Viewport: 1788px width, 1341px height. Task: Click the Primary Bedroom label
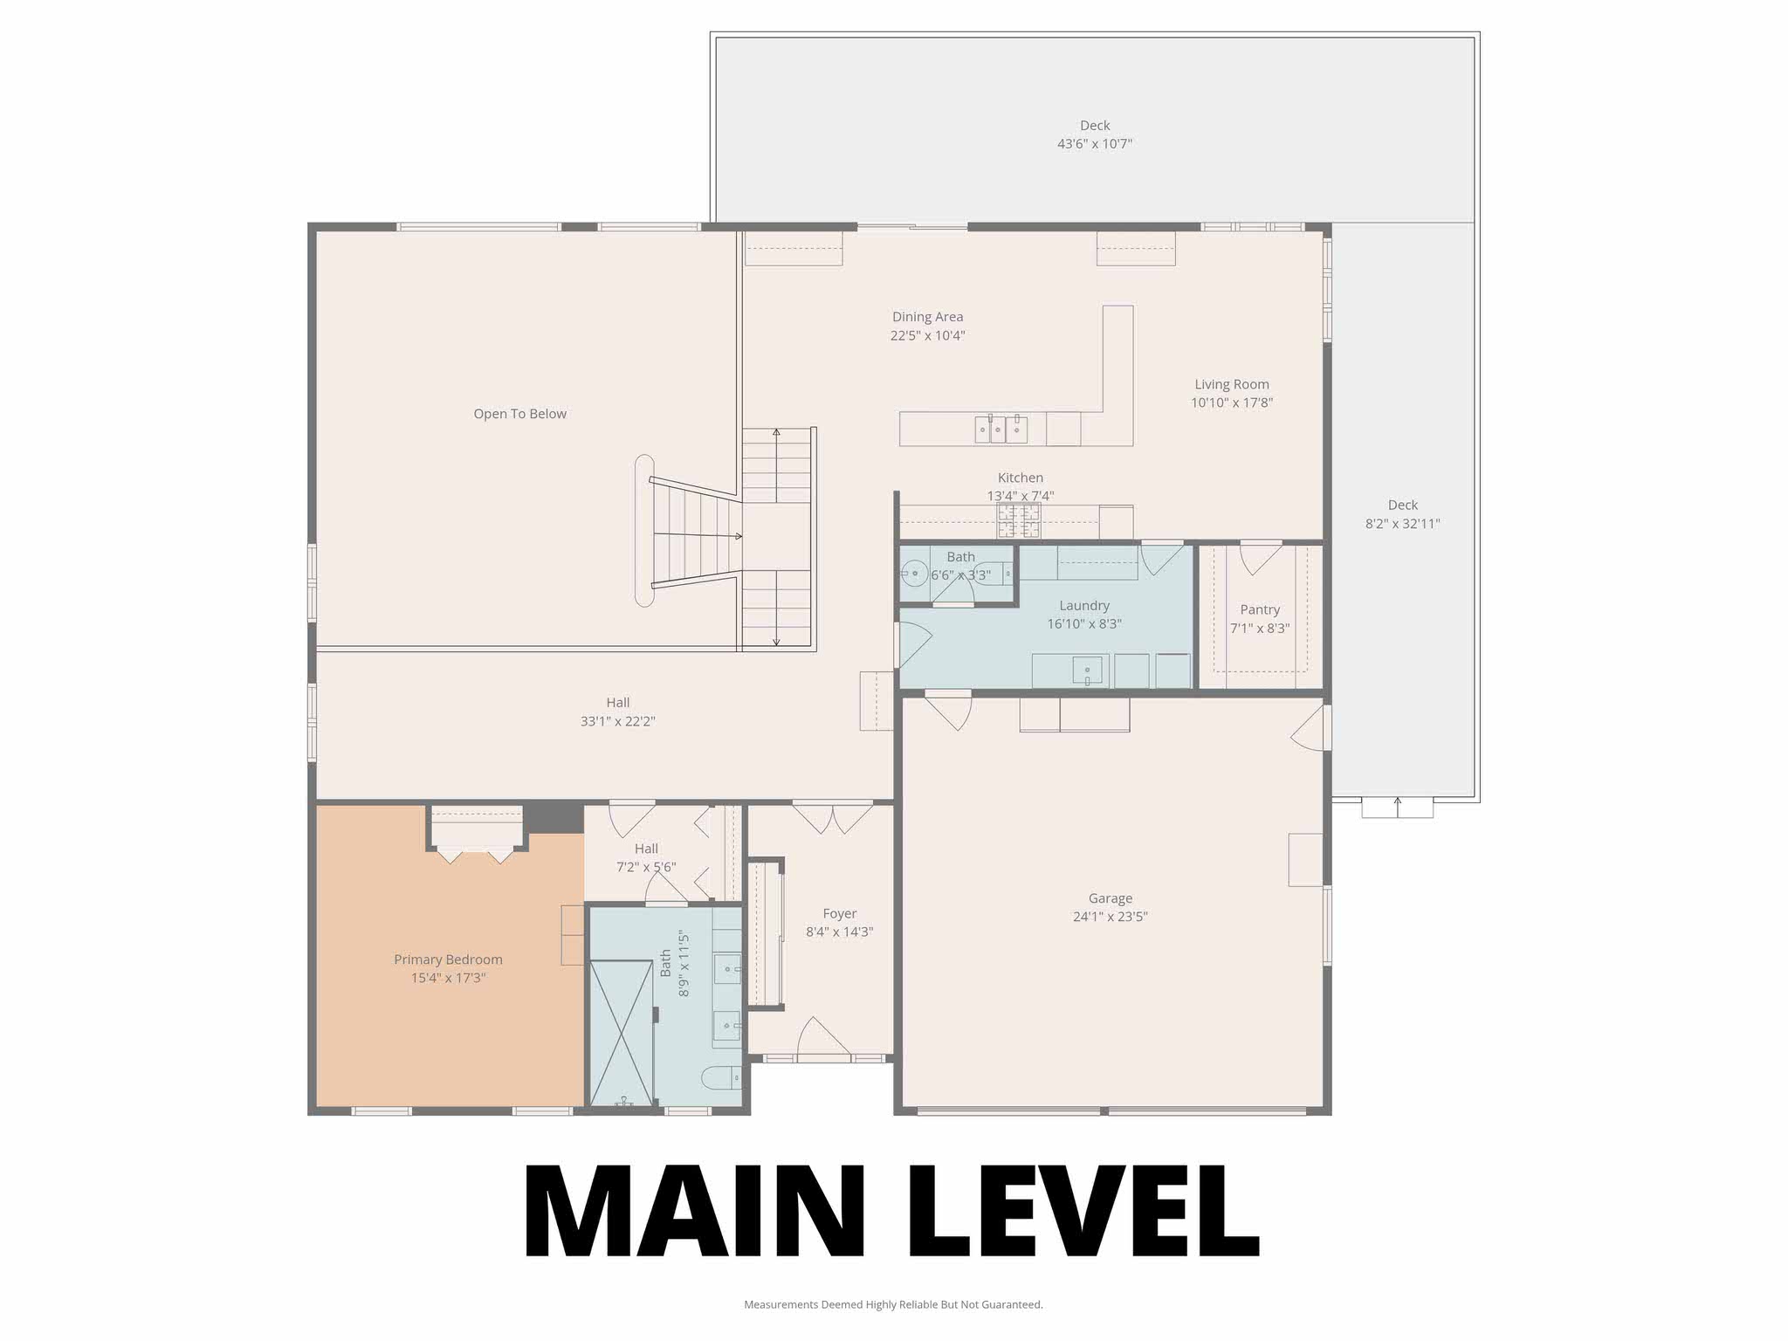click(x=448, y=959)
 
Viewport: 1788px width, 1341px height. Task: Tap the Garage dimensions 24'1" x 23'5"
click(x=1110, y=917)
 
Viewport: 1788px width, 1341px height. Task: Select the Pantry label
click(x=1259, y=609)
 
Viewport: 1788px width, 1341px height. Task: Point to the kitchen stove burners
click(x=1019, y=520)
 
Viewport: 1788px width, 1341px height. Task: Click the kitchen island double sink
click(x=1001, y=430)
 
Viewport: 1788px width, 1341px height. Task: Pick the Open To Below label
click(x=519, y=414)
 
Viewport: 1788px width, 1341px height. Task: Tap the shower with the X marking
click(x=622, y=1033)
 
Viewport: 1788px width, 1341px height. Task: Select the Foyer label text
click(x=839, y=914)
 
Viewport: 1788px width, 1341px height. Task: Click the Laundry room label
click(x=1083, y=605)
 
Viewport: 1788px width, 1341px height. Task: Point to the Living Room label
click(x=1231, y=384)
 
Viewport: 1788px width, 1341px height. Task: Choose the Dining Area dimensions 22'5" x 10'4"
click(x=927, y=335)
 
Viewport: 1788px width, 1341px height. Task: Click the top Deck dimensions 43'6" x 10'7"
click(x=1094, y=144)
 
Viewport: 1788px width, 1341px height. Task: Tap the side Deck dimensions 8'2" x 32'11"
click(x=1402, y=524)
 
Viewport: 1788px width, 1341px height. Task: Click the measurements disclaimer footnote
click(x=893, y=1304)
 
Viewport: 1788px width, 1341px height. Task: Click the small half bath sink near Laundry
click(x=914, y=574)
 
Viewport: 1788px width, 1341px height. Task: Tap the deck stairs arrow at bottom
click(x=1397, y=805)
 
